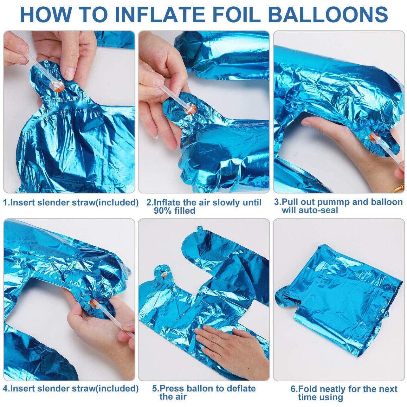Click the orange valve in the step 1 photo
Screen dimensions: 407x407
click(x=57, y=86)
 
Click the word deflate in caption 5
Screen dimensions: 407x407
click(x=240, y=388)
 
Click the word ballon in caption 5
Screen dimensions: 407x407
click(x=201, y=388)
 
